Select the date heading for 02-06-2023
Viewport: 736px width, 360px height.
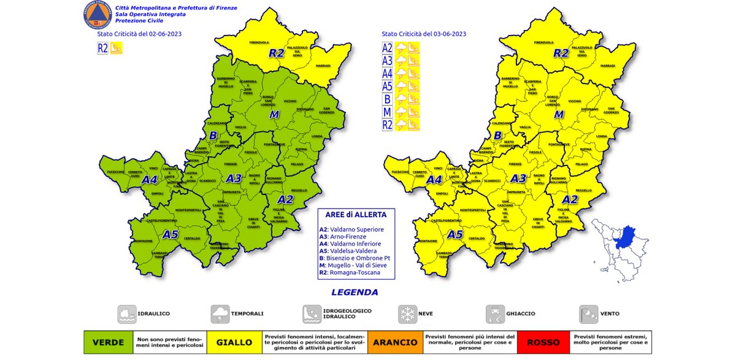[135, 34]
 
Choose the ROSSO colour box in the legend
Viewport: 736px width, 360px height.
[543, 342]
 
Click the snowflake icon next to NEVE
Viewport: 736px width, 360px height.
[407, 314]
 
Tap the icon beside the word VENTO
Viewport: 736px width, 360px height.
[588, 314]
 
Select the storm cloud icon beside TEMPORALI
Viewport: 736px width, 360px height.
[220, 314]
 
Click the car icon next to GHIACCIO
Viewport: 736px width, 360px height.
[495, 314]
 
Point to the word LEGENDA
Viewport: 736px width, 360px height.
[355, 293]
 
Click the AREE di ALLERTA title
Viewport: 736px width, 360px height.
[356, 216]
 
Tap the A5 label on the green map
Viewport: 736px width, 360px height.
[170, 234]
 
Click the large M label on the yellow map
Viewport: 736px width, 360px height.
[559, 114]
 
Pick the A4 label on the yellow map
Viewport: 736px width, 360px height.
[434, 180]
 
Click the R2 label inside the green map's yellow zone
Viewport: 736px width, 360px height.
[277, 53]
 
